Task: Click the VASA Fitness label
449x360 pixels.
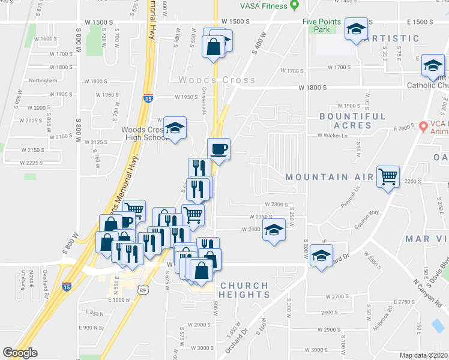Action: pos(261,5)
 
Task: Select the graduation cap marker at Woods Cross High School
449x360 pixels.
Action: pos(175,128)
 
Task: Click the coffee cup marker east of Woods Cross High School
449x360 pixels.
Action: pos(218,149)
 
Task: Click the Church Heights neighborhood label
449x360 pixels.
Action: pos(244,290)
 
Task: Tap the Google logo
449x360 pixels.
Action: pos(20,353)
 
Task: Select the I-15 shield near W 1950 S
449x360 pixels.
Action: pos(148,98)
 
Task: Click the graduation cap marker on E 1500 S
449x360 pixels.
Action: pos(356,28)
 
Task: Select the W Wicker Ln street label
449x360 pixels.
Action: pos(333,136)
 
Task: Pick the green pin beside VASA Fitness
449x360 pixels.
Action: pos(294,6)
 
